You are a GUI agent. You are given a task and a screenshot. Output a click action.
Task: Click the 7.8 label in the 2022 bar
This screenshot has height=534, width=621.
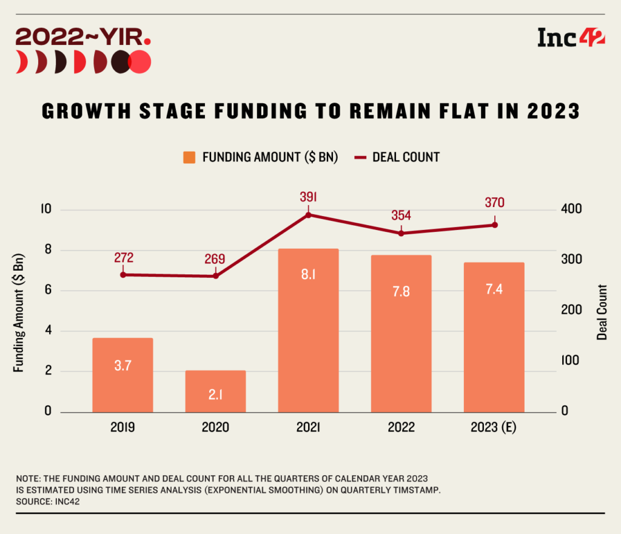pyautogui.click(x=401, y=291)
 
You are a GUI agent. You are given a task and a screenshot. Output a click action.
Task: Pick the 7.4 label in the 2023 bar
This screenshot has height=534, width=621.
pyautogui.click(x=494, y=289)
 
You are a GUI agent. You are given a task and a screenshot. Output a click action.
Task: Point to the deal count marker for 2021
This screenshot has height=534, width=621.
pyautogui.click(x=308, y=215)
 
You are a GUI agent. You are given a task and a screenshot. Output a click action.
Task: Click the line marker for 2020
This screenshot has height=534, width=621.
pyautogui.click(x=215, y=276)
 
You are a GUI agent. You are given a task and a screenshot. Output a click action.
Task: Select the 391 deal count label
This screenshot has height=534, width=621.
pyautogui.click(x=308, y=197)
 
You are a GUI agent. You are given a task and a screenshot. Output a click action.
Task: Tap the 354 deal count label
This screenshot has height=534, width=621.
pyautogui.click(x=401, y=215)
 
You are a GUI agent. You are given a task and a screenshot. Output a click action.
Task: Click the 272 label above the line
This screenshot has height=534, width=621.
pyautogui.click(x=123, y=257)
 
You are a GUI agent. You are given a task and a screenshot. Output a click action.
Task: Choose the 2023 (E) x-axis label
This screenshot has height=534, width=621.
pyautogui.click(x=494, y=427)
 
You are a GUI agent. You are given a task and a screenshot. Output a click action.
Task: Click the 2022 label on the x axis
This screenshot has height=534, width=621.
pyautogui.click(x=401, y=427)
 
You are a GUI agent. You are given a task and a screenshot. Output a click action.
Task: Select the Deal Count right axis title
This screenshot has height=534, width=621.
pyautogui.click(x=602, y=311)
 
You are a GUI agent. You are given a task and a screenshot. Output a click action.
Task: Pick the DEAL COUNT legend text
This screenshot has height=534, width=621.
pyautogui.click(x=406, y=157)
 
